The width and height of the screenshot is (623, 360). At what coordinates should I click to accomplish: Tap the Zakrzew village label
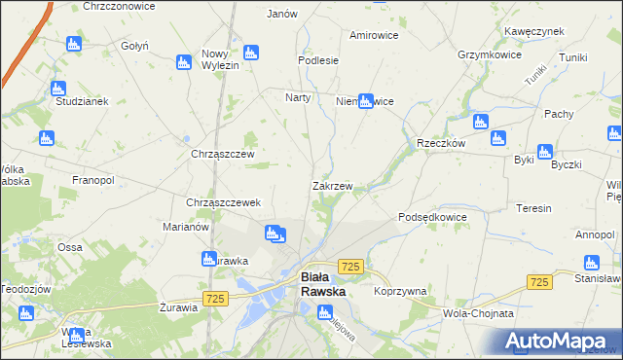click(x=332, y=185)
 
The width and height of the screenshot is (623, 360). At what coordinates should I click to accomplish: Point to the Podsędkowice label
click(x=433, y=217)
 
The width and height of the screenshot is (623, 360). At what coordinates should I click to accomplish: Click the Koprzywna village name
click(x=400, y=291)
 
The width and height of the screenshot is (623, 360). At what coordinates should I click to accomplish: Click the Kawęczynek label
click(x=534, y=31)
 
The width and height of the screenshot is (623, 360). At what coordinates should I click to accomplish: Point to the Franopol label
click(x=93, y=180)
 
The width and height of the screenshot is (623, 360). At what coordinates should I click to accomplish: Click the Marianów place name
click(x=185, y=227)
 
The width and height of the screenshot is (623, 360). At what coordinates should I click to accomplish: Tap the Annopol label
click(x=594, y=234)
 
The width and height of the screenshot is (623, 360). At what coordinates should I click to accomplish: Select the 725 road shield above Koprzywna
click(x=351, y=266)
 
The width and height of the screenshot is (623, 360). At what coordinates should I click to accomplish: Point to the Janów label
click(x=281, y=15)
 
